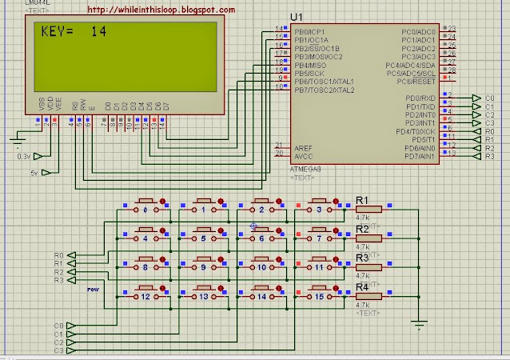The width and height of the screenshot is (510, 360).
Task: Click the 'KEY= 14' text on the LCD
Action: coord(72,34)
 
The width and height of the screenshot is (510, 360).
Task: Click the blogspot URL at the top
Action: coord(160,10)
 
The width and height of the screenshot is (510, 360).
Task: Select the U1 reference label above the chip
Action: coord(297,17)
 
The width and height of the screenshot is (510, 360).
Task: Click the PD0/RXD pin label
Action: coord(420,97)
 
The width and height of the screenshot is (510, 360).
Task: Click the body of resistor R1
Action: coord(369,209)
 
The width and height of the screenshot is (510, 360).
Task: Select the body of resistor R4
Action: coord(369,295)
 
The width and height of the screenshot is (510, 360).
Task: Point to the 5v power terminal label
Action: coord(34,172)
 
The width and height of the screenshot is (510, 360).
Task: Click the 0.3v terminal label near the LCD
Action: coord(24,156)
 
